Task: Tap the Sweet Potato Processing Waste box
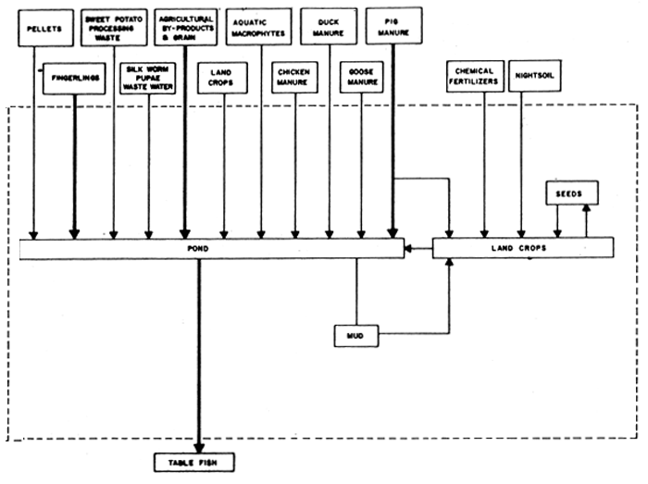[113, 29]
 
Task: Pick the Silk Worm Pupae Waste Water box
[149, 77]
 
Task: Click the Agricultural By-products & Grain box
[186, 29]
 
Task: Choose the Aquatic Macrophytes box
[261, 29]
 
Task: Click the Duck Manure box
[330, 29]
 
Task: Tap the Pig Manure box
[394, 29]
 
